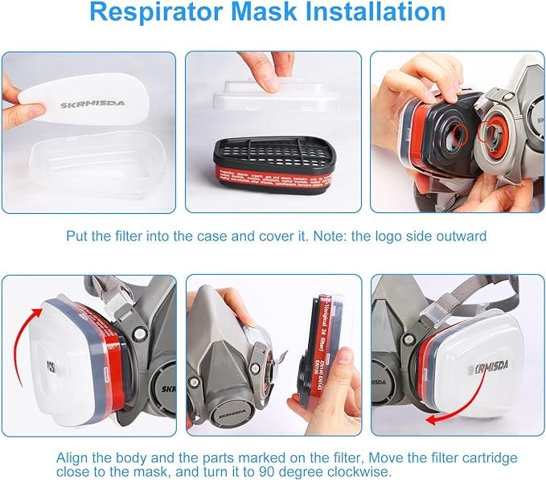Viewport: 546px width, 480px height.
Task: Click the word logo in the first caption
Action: (397, 237)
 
